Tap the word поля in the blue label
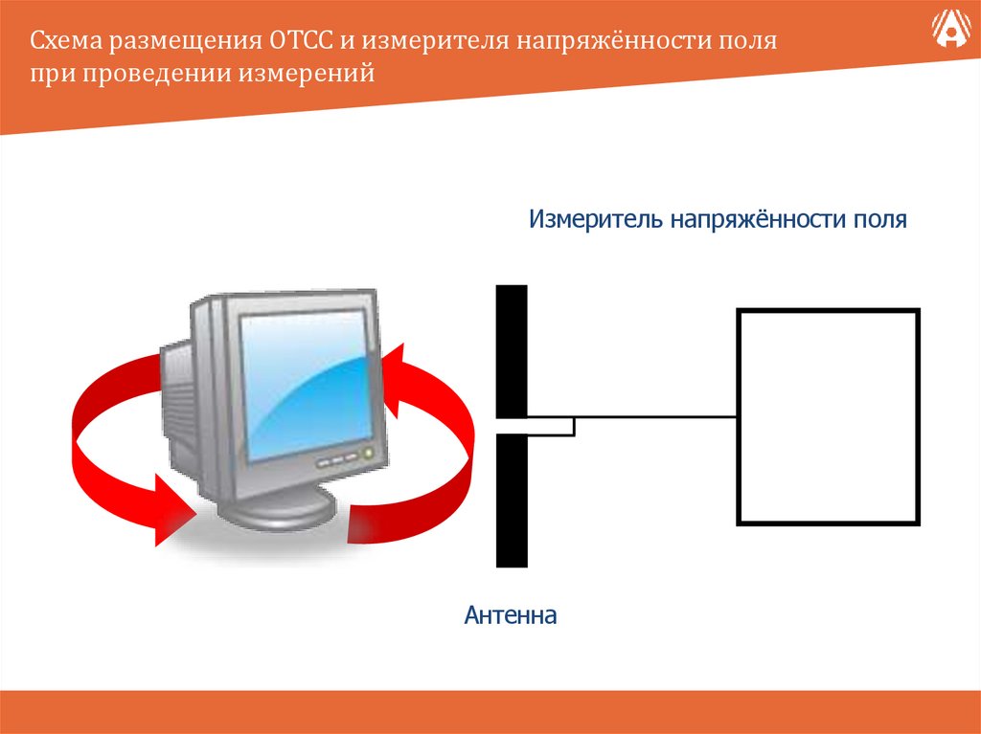878,220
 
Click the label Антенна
511,615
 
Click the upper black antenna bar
512,350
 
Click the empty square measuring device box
828,416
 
